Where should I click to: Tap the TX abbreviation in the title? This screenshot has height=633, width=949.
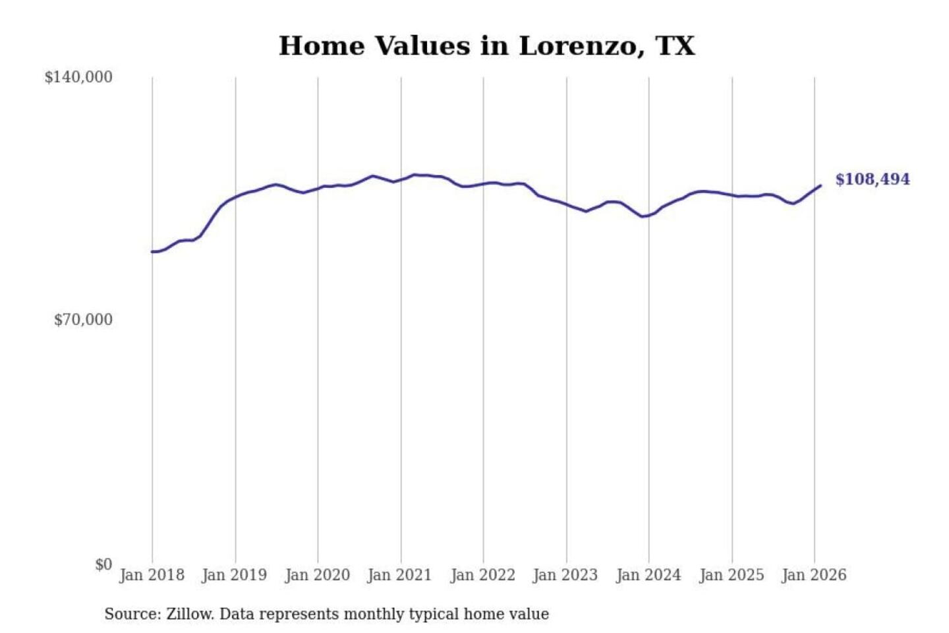676,46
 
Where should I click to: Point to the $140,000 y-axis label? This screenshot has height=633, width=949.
78,77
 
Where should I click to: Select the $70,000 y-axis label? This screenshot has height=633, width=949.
83,320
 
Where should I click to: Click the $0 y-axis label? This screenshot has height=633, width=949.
103,564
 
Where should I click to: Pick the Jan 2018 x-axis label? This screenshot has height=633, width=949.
152,575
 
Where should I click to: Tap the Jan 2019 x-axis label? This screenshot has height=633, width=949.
235,575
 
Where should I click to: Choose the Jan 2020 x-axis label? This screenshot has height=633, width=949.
317,575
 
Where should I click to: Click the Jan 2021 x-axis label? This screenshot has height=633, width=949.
399,575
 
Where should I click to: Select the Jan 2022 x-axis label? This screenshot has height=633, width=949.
482,575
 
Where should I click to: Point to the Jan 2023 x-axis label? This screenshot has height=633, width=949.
565,575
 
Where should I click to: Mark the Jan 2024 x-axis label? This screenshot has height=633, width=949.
648,575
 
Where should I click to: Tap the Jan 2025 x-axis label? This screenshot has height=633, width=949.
732,575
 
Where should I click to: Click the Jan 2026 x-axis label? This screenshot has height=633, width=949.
814,575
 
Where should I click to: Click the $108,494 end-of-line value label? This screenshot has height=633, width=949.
873,179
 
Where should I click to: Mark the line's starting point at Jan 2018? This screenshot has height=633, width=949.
152,252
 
